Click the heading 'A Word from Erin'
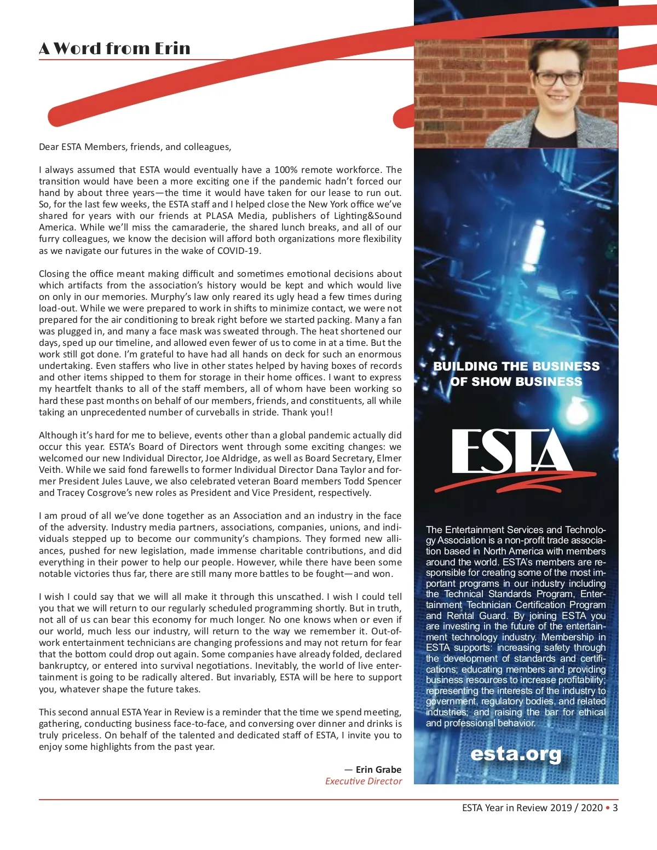(114, 48)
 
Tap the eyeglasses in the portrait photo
(558, 78)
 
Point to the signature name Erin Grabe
(378, 769)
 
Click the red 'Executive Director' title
(364, 781)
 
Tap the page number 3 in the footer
(615, 807)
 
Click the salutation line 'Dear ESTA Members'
(135, 147)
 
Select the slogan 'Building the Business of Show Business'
(516, 374)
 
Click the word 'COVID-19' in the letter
(239, 251)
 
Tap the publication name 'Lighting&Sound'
(370, 216)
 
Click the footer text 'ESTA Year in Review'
(505, 807)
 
